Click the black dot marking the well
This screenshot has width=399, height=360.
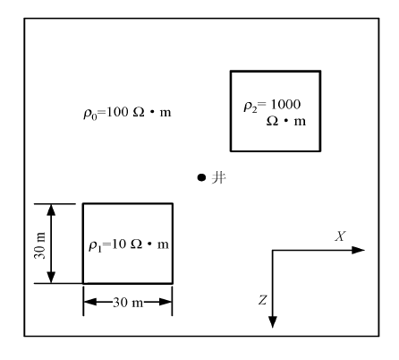coord(201,177)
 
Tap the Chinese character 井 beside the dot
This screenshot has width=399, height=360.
coord(218,178)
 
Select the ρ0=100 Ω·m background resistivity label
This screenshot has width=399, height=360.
coord(127,113)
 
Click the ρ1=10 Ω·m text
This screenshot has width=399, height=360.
coord(129,245)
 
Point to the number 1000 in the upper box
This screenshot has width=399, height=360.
coord(285,104)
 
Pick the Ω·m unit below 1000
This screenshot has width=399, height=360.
coord(286,121)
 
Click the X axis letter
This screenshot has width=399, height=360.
coord(340,236)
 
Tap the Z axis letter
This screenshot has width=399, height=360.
coord(262,300)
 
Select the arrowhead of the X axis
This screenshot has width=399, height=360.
coord(359,250)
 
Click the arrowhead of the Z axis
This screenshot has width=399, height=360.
coord(273,321)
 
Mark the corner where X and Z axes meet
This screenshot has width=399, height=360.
coord(273,250)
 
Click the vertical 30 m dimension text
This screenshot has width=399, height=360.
coord(40,245)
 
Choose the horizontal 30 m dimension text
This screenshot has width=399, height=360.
coord(128,303)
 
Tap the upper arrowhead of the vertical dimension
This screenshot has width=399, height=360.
coord(51,210)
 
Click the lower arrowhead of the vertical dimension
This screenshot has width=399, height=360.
coord(51,277)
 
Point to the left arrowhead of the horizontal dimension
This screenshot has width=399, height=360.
coord(90,302)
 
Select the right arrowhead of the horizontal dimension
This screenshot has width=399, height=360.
coord(166,302)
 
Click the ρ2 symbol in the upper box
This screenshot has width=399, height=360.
coord(250,107)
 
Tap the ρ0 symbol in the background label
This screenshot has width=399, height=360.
coord(90,115)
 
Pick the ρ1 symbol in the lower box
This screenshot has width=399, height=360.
coord(95,247)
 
